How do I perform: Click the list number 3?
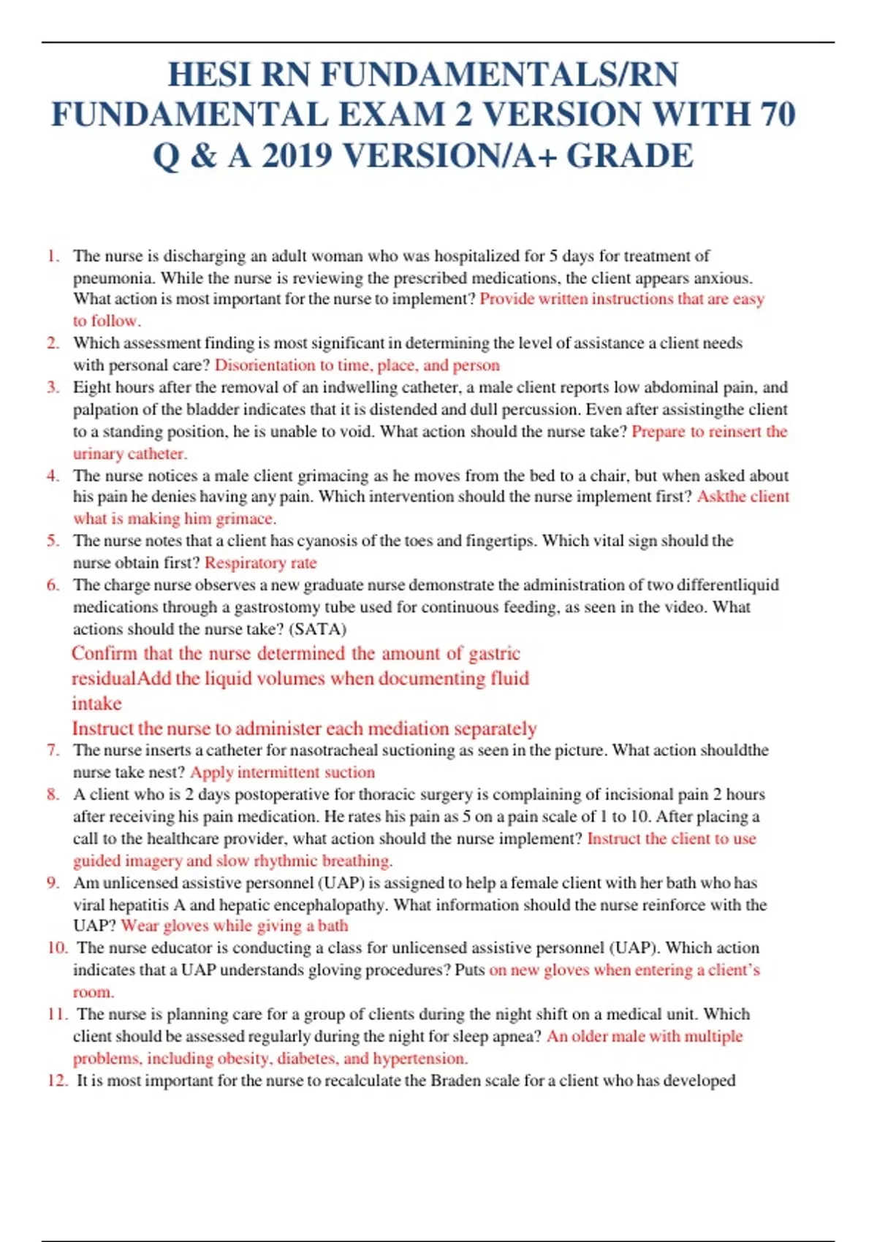53,387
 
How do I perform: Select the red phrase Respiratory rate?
260,563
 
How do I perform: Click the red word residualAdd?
121,679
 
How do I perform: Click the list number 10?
57,948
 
